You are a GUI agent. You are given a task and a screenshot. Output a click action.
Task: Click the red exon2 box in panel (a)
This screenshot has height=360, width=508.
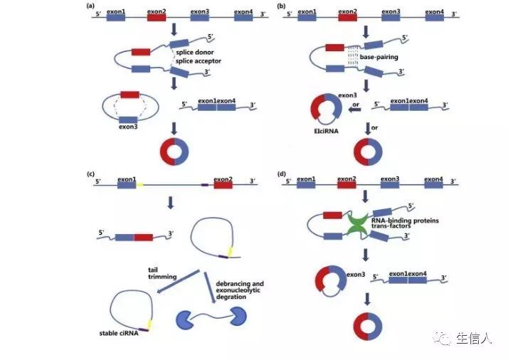click(x=157, y=18)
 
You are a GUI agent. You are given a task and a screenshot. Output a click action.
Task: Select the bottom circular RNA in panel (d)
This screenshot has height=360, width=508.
click(x=368, y=325)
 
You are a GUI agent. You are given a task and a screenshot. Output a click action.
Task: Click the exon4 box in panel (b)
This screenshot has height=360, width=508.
click(x=435, y=18)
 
